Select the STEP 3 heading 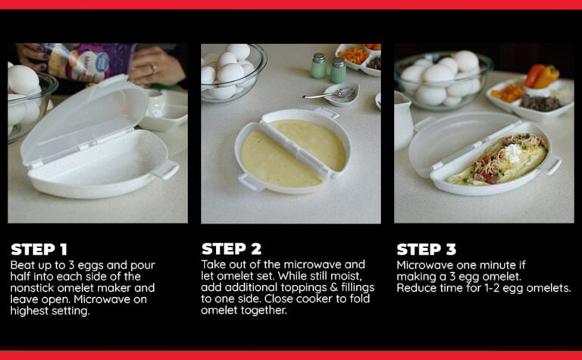click(430, 249)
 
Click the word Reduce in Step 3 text click(416, 288)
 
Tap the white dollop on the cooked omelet click(516, 150)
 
